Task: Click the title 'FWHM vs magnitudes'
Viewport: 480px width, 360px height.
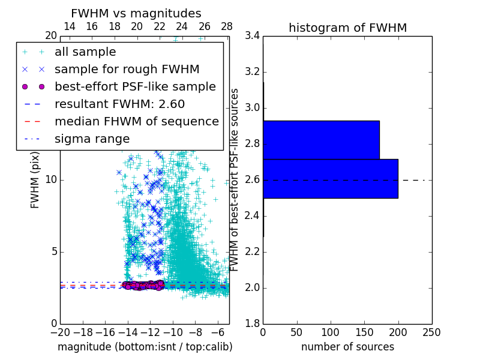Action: point(136,13)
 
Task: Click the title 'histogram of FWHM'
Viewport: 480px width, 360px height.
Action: point(347,28)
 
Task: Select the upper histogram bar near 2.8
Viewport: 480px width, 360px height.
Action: point(321,140)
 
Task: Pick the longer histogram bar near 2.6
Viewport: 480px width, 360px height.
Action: point(330,178)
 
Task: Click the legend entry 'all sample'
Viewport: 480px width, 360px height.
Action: point(85,52)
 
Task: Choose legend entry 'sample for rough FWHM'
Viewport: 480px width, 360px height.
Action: point(127,69)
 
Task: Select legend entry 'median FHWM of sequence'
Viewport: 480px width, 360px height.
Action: point(136,121)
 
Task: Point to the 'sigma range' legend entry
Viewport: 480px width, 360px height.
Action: point(92,139)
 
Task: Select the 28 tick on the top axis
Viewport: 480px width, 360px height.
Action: point(227,26)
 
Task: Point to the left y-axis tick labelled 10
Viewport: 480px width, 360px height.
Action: point(50,180)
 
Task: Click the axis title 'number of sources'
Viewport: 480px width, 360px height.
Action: point(347,347)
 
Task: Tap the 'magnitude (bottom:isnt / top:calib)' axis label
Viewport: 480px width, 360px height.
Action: point(145,347)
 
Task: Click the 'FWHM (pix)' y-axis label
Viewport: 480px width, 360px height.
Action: point(35,180)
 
